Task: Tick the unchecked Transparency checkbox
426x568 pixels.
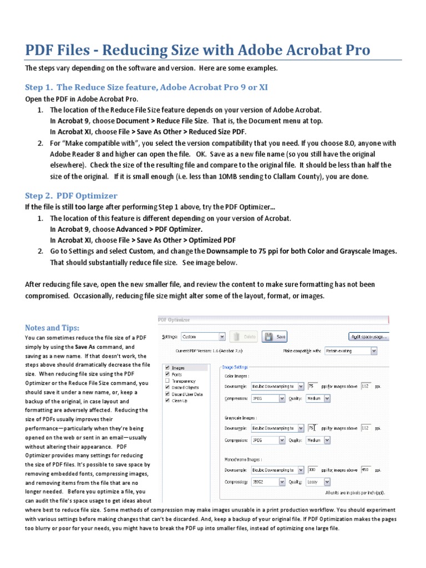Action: [x=168, y=381]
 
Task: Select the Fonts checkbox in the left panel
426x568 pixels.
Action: [x=168, y=374]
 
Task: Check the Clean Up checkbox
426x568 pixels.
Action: [x=168, y=400]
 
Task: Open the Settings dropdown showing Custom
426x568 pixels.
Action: [x=204, y=336]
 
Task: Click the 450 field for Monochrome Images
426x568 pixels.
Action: [x=366, y=469]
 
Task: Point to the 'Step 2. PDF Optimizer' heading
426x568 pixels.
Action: [x=71, y=195]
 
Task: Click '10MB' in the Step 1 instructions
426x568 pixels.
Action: [x=240, y=176]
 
